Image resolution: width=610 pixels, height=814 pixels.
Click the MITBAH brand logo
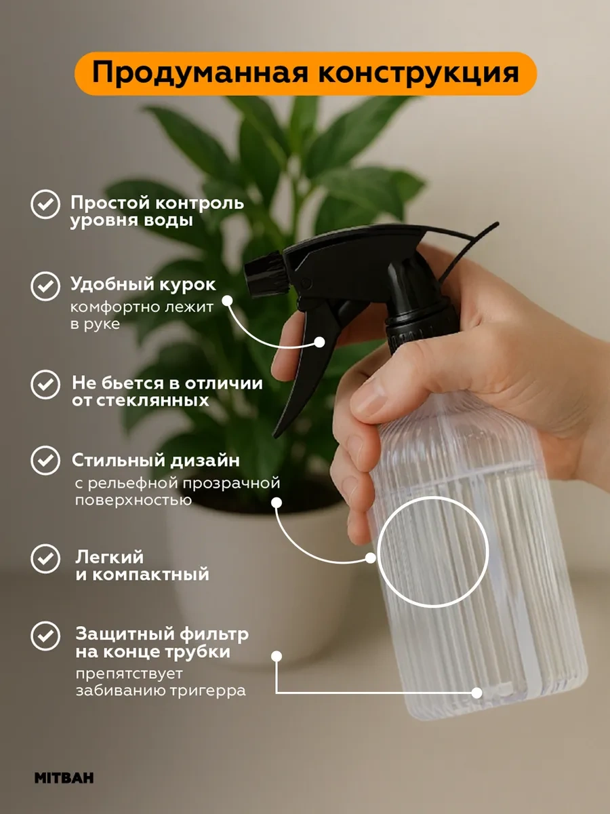pos(64,777)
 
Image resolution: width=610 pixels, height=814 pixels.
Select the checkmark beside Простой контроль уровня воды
pos(45,204)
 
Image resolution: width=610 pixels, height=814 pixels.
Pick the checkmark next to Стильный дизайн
pos(45,461)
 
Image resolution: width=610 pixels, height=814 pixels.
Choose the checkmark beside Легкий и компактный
pos(45,559)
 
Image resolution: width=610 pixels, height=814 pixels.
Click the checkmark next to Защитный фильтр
pos(45,636)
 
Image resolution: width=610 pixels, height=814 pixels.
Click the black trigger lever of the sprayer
pos(308,360)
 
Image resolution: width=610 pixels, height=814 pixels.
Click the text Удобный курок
pos(144,284)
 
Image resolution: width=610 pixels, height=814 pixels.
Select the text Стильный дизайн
pos(155,461)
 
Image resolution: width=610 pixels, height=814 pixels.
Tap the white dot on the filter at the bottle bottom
pos(476,693)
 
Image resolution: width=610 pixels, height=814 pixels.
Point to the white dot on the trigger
pos(319,343)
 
